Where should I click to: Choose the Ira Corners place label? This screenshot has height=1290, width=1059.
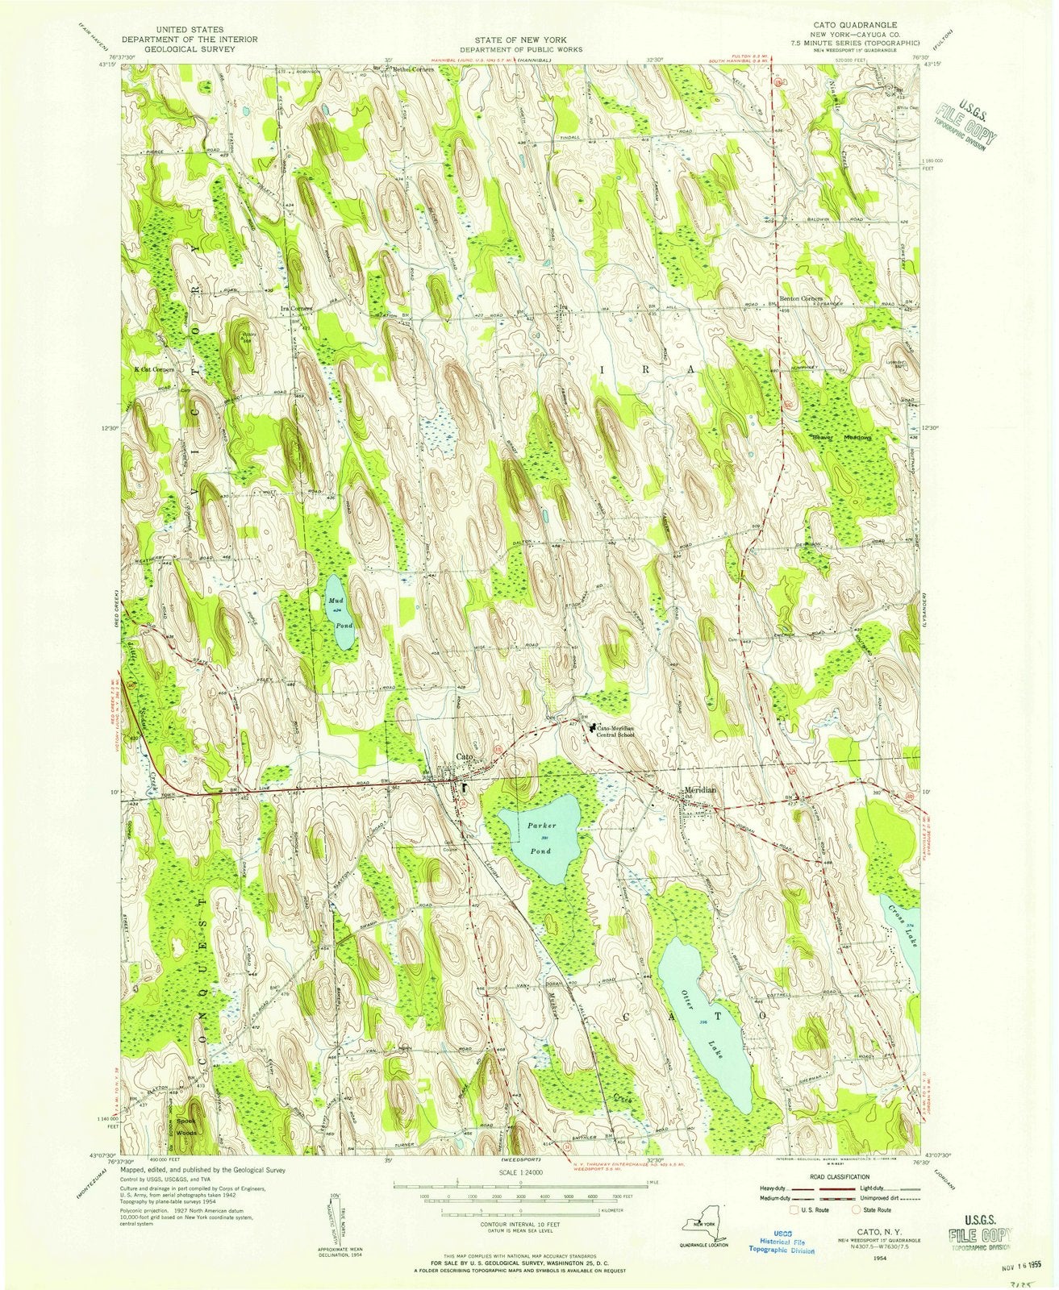point(296,308)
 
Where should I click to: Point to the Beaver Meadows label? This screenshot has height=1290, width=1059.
point(843,438)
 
